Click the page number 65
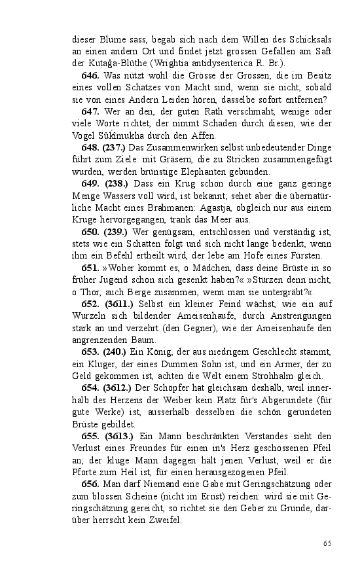[327, 543]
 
